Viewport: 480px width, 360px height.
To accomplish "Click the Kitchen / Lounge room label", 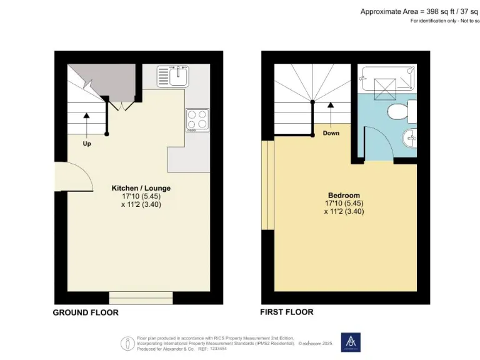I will coord(141,187).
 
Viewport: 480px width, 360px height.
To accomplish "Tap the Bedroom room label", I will coord(344,196).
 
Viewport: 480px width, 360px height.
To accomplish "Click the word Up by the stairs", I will coord(87,143).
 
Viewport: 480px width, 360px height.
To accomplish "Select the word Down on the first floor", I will coord(331,133).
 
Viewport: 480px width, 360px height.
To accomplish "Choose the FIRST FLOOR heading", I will coord(287,312).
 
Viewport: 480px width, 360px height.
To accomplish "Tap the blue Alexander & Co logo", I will coord(350,342).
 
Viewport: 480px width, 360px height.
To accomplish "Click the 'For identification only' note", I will coord(444,21).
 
